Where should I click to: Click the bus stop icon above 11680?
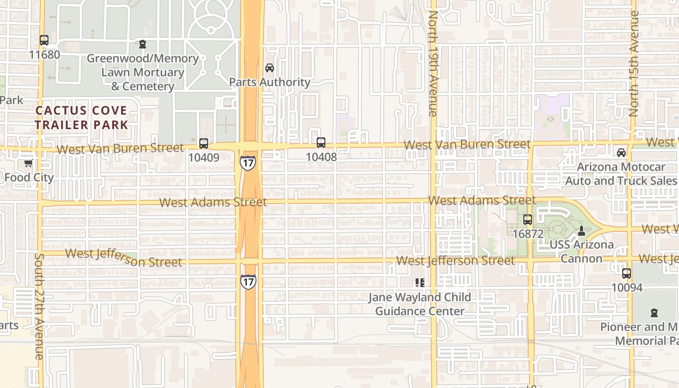(x=44, y=40)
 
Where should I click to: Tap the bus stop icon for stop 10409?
(x=204, y=144)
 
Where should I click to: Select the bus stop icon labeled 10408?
(x=321, y=143)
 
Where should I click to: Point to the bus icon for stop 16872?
(x=528, y=220)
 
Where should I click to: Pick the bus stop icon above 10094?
(x=627, y=274)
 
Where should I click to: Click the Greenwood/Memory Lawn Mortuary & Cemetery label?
(x=143, y=73)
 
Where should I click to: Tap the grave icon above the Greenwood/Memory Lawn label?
(x=143, y=45)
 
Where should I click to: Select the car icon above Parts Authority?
(x=270, y=68)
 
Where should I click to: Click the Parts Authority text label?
(x=270, y=82)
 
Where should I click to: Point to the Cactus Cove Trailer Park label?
(x=81, y=118)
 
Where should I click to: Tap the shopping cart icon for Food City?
(x=29, y=163)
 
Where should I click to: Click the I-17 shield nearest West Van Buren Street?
(x=247, y=162)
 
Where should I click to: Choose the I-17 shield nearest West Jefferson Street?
(x=247, y=281)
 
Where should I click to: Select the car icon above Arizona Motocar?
(x=621, y=153)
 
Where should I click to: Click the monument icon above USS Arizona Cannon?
(x=582, y=230)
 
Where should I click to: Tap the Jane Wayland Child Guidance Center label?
(x=420, y=304)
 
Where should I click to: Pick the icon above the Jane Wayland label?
(x=420, y=283)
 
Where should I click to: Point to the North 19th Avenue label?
(x=433, y=63)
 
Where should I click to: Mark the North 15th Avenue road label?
(x=633, y=63)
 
